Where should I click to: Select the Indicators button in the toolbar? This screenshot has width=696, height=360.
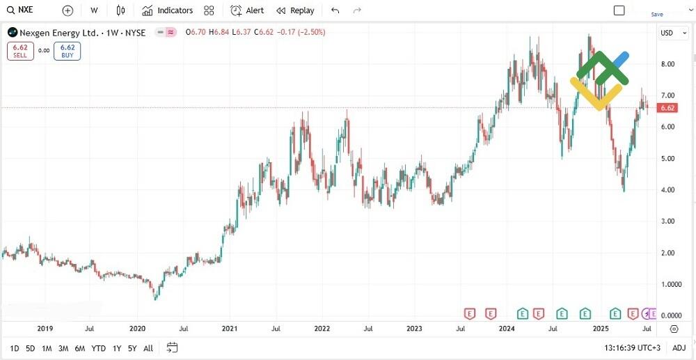point(167,10)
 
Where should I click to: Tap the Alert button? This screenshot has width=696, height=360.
point(247,10)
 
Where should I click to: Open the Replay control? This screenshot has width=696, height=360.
point(295,10)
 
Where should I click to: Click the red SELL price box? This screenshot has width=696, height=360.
point(20,51)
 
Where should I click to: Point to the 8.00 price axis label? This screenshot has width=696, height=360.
point(667,64)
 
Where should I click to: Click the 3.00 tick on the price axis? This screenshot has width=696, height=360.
point(667,221)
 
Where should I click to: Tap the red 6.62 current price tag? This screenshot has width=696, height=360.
point(667,108)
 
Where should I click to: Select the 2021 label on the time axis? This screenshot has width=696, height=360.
point(230,328)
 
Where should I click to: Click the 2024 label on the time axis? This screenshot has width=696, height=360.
point(506,328)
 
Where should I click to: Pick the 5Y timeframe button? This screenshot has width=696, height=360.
point(132,348)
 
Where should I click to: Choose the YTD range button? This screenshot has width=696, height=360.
point(98,348)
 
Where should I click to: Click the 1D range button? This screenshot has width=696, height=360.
point(14,348)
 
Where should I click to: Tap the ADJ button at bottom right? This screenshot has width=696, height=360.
point(679,348)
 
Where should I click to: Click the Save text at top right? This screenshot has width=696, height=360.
point(657,14)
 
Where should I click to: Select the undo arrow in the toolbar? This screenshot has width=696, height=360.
point(335,10)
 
